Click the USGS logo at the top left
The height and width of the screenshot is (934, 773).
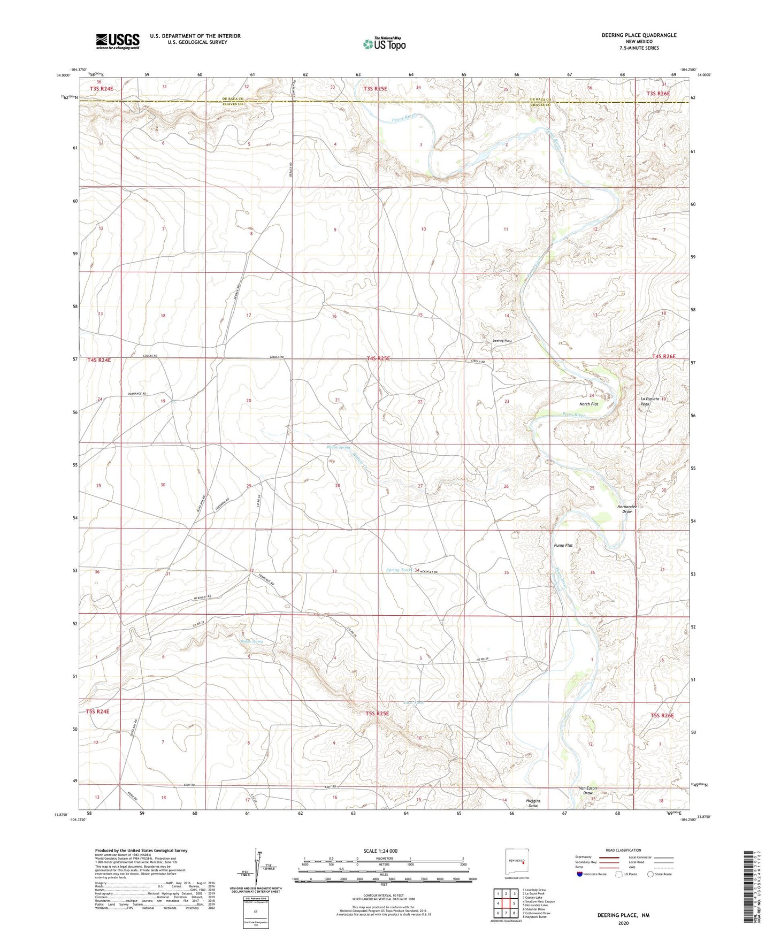[x=117, y=41]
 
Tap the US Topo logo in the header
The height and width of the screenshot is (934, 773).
[x=384, y=44]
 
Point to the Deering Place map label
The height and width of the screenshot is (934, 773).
[x=502, y=341]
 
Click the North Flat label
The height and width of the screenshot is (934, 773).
[x=588, y=404]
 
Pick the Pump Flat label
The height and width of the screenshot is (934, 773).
[x=563, y=545]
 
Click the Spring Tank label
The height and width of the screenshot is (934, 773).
[x=399, y=570]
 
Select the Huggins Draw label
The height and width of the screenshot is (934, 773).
[x=533, y=803]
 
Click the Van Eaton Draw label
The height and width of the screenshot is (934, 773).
[x=588, y=791]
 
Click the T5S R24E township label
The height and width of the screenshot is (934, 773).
[x=97, y=711]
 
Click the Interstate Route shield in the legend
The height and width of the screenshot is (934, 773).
[x=580, y=874]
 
